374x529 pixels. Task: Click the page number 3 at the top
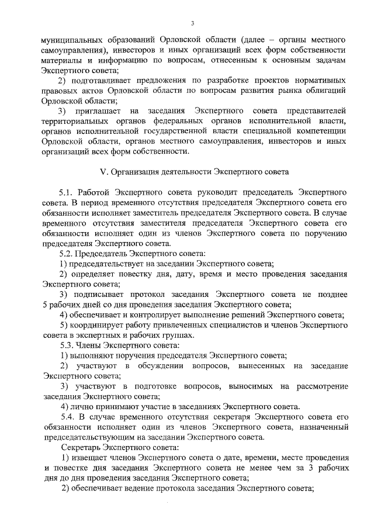click(191, 23)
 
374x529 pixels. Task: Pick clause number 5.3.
click(68, 345)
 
